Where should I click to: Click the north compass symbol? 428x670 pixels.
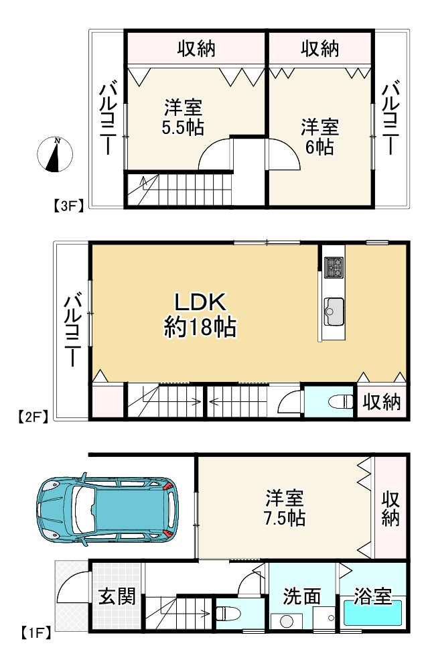click(55, 154)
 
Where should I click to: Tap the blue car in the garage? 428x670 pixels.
click(108, 510)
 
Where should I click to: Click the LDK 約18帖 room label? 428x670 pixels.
click(200, 315)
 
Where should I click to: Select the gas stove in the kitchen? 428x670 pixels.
click(334, 267)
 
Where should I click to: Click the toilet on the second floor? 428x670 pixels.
click(341, 401)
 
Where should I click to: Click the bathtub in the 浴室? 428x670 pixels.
click(372, 613)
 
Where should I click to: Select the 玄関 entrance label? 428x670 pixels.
click(117, 596)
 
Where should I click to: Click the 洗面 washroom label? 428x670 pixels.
click(301, 596)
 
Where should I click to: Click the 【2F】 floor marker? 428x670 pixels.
click(33, 416)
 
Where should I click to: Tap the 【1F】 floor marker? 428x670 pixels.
click(36, 632)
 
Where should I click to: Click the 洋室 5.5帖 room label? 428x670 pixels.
click(184, 117)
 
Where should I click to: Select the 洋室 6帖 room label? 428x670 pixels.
click(319, 137)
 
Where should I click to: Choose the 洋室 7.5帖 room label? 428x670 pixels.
click(284, 508)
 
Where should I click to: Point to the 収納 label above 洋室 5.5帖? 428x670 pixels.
click(196, 49)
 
